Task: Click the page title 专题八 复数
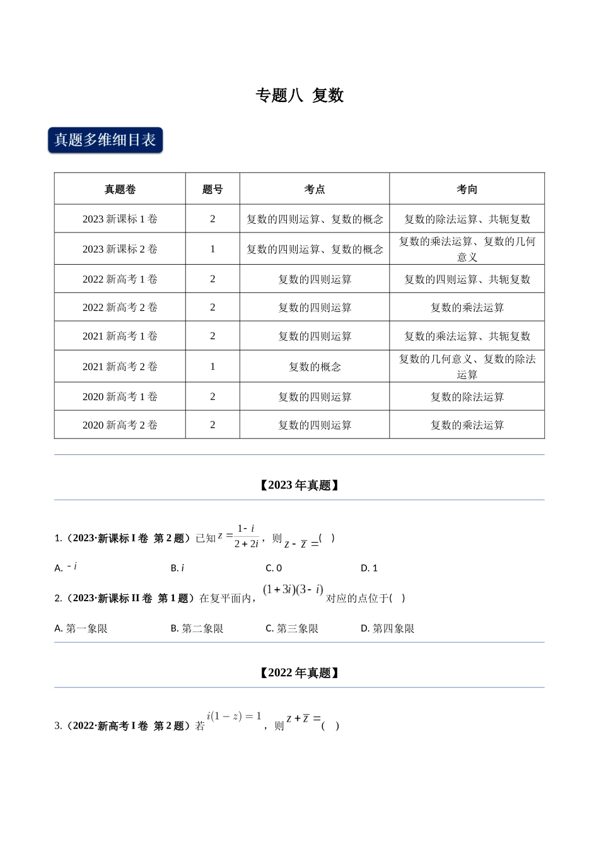[x=299, y=95]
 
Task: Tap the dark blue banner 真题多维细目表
[x=105, y=140]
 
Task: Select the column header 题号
[x=212, y=189]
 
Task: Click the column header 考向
[x=467, y=189]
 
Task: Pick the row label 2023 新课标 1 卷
[x=120, y=219]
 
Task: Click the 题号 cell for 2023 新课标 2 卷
[x=212, y=249]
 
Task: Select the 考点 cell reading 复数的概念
[x=315, y=367]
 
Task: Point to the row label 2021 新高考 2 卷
[x=120, y=367]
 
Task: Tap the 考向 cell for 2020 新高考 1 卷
[x=467, y=397]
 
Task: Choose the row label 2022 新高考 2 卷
[x=120, y=308]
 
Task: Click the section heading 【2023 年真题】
[x=299, y=485]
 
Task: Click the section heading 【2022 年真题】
[x=299, y=673]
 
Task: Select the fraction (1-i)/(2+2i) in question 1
[x=246, y=536]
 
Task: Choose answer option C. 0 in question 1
[x=274, y=568]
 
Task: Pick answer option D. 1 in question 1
[x=369, y=568]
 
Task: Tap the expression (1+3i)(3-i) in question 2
[x=293, y=590]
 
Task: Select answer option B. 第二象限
[x=197, y=628]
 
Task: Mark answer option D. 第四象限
[x=387, y=628]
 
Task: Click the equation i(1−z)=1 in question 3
[x=234, y=717]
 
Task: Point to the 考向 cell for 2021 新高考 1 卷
[x=467, y=337]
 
